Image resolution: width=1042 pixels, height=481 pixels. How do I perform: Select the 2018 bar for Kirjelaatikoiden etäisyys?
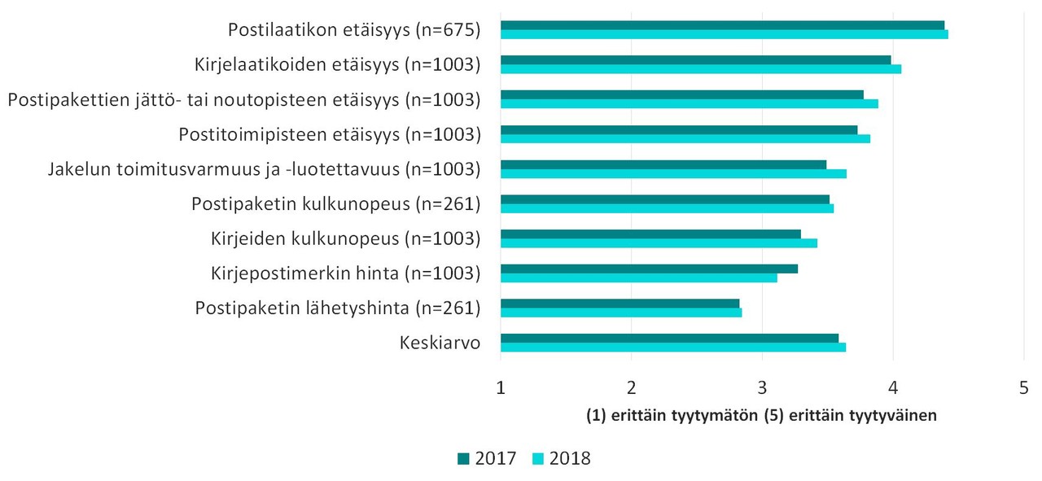tap(700, 69)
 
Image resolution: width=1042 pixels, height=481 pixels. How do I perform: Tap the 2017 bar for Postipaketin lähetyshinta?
tap(620, 304)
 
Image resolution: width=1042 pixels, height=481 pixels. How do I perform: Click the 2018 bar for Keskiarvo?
tap(672, 348)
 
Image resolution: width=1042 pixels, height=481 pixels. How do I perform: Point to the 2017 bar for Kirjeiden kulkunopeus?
tap(650, 234)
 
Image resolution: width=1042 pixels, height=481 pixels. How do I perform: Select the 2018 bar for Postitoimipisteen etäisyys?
tap(685, 138)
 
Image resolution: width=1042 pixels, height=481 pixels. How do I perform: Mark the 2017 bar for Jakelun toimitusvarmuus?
tap(663, 164)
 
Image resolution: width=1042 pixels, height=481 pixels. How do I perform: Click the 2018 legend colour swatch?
tap(538, 459)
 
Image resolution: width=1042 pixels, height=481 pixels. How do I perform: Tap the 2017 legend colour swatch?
tap(463, 459)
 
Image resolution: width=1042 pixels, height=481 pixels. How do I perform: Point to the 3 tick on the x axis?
tap(762, 387)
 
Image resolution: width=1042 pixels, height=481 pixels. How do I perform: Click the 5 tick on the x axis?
tap(1023, 387)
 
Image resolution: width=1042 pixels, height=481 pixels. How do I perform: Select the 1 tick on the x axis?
tap(501, 387)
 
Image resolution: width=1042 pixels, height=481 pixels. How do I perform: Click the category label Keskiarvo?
tap(440, 343)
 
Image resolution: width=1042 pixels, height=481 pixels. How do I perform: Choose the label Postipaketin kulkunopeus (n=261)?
tap(335, 203)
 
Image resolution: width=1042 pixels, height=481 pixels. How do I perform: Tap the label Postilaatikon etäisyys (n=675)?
tap(354, 30)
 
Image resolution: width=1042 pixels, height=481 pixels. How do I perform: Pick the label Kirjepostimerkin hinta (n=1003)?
tap(345, 273)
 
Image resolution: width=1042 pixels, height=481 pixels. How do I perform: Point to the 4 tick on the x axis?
tap(893, 387)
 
